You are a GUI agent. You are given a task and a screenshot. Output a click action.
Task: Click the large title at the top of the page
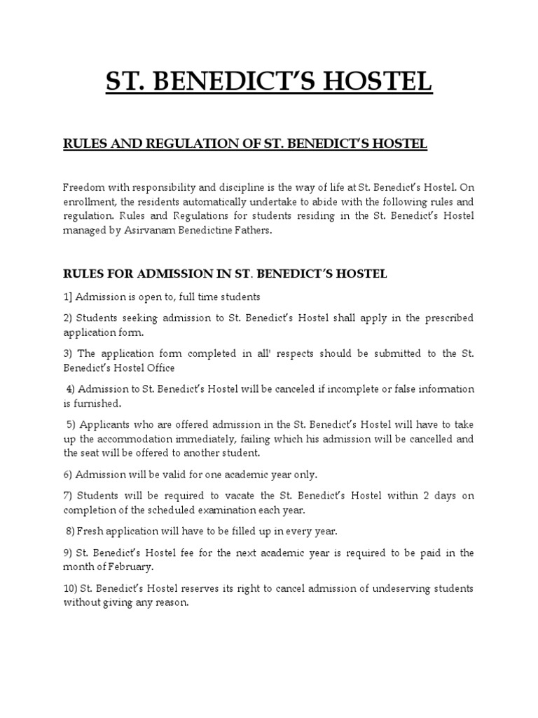(x=269, y=83)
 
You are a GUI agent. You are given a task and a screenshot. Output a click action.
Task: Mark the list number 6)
(x=68, y=475)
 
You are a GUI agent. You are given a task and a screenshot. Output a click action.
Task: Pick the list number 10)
(x=71, y=588)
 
